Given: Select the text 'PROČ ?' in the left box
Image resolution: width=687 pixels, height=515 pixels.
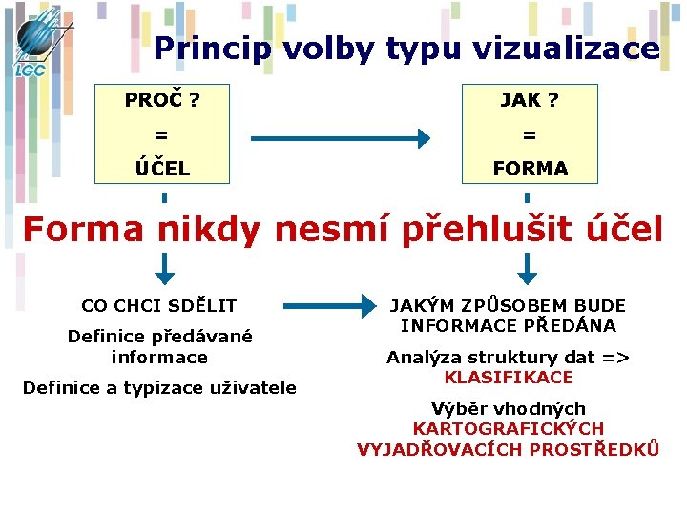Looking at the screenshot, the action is point(163,98).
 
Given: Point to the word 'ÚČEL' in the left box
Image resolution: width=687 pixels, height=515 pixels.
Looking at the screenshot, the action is point(163,168).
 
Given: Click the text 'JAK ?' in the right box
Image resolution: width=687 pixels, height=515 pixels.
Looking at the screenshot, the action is point(530,98).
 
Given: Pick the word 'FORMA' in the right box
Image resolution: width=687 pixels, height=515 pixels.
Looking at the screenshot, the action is point(530,169).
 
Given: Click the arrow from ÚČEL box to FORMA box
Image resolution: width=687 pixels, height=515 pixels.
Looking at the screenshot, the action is point(340,139).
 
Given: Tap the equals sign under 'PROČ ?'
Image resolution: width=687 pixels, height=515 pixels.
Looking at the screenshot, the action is point(163,134).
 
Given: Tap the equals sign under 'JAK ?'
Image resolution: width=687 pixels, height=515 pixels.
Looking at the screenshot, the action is point(530,134).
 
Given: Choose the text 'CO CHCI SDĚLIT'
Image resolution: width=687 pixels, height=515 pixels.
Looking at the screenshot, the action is point(159,306).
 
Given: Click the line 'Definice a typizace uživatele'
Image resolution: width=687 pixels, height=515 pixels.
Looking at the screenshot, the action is point(159,387).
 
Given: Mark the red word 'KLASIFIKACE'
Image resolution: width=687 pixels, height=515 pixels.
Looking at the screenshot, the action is point(509,378).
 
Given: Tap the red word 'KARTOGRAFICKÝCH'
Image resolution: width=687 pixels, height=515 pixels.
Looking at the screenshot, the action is point(509,429).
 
